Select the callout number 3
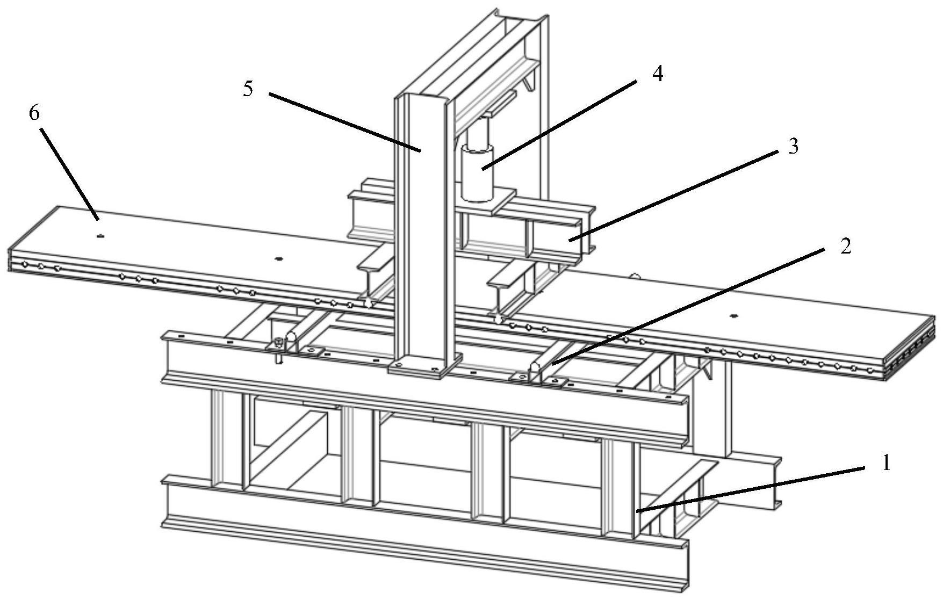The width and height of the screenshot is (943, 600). [x=793, y=146]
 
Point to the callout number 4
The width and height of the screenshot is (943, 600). [x=657, y=74]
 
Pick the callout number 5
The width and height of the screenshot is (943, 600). [x=248, y=89]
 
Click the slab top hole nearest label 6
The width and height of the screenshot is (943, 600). [x=100, y=235]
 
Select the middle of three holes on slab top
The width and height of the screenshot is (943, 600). [x=278, y=259]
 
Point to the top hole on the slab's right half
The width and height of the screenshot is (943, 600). [x=733, y=316]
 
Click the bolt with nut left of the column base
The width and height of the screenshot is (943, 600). [x=278, y=346]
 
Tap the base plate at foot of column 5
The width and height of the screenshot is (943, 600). [x=425, y=366]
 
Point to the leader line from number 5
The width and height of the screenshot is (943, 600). [x=344, y=122]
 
